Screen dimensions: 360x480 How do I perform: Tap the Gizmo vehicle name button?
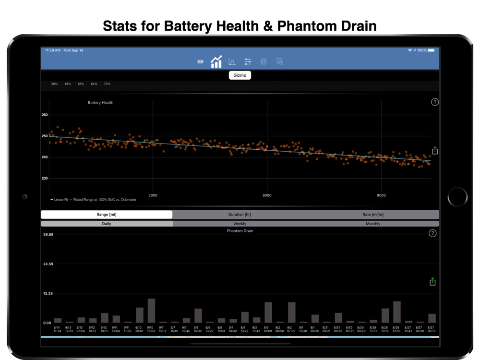(240, 75)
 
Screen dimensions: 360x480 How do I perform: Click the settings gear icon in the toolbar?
(264, 61)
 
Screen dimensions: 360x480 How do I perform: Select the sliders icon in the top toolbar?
(248, 61)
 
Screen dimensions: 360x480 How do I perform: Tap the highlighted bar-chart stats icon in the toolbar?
(216, 61)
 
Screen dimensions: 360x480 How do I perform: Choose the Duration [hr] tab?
(240, 215)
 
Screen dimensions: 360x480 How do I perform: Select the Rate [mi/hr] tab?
(373, 215)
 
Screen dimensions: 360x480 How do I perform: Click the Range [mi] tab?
(107, 215)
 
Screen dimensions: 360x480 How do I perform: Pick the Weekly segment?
(240, 224)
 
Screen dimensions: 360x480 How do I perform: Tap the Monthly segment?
(373, 224)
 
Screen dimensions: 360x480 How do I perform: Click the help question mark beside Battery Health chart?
(435, 102)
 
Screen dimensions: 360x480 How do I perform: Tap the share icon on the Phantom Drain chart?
(432, 282)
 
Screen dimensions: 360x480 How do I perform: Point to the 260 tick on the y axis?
(45, 115)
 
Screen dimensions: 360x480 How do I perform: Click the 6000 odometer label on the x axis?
(267, 195)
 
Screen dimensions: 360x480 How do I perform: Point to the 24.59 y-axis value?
(48, 264)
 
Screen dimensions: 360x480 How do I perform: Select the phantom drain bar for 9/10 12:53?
(151, 311)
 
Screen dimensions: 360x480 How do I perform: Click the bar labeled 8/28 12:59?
(396, 312)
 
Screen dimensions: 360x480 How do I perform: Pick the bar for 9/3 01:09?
(268, 312)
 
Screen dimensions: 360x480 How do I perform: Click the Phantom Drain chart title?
(240, 231)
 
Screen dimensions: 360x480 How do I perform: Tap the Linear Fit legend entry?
(60, 200)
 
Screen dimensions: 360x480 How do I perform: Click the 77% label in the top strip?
(107, 84)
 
